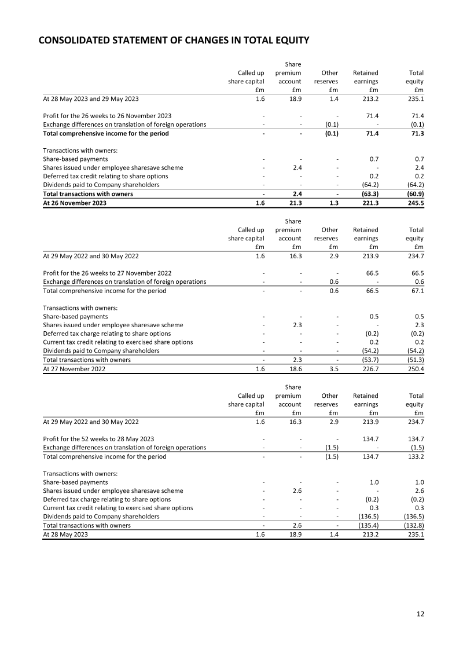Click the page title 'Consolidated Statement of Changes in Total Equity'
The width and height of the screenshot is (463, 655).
click(x=174, y=41)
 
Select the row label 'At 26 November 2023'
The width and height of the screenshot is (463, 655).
click(x=75, y=203)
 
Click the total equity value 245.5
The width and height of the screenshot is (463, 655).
click(x=415, y=203)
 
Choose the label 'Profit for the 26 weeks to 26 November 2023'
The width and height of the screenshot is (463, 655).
click(x=107, y=116)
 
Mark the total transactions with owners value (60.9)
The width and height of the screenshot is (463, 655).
click(x=413, y=194)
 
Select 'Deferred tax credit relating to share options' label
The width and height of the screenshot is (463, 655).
click(x=105, y=176)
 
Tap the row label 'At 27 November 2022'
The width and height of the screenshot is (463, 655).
click(x=74, y=369)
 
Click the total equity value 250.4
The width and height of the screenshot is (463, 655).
click(x=415, y=369)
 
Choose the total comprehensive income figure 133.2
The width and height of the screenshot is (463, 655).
click(x=415, y=456)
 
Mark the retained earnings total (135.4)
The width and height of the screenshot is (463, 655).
click(x=366, y=526)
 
